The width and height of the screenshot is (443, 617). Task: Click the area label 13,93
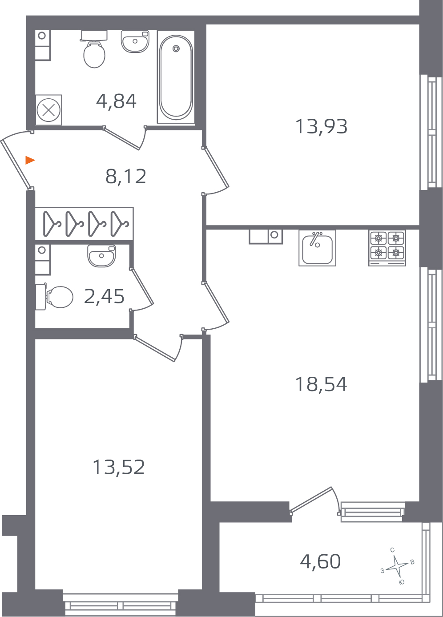[321, 126]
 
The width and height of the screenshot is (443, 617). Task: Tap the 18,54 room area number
[321, 384]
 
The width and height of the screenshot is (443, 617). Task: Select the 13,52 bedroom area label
[118, 468]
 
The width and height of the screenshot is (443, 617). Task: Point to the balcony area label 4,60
[320, 562]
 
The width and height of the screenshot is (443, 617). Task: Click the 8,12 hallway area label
[126, 177]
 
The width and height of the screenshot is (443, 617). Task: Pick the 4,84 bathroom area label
[116, 101]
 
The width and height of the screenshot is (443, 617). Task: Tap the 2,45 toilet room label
[104, 297]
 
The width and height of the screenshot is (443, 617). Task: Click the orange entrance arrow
[30, 160]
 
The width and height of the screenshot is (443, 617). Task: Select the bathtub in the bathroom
[176, 77]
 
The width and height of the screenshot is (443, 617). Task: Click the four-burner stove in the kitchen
[387, 247]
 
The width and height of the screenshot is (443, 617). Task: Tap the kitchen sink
[317, 248]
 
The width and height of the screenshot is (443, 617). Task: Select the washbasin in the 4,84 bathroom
[135, 41]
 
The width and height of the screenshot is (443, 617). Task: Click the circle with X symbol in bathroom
[48, 109]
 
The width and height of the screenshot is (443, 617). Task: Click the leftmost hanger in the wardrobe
[52, 224]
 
